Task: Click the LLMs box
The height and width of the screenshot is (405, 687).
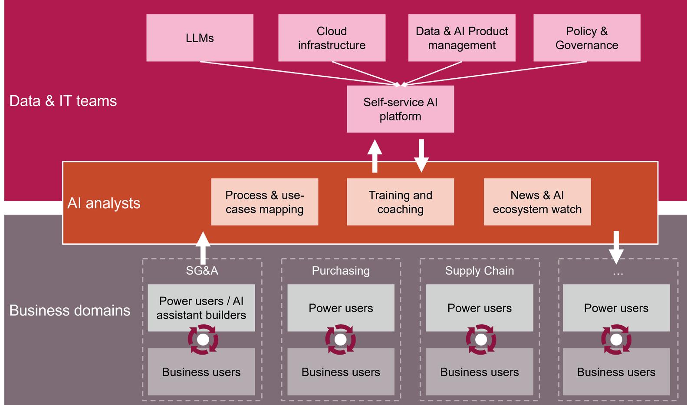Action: (200, 38)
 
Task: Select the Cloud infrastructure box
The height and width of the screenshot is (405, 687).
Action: (332, 38)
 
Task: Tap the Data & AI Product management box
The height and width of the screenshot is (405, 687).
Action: (462, 38)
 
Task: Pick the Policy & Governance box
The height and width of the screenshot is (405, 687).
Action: (587, 38)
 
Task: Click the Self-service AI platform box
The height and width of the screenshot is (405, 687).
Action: (400, 109)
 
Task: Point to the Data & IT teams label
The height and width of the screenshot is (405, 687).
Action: (63, 101)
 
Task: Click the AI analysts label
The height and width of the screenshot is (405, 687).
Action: (104, 203)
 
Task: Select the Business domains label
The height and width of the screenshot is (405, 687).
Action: (69, 310)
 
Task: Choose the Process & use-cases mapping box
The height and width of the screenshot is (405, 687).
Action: (264, 202)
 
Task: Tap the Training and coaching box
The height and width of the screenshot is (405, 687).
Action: (400, 202)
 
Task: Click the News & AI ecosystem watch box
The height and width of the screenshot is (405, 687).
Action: (537, 202)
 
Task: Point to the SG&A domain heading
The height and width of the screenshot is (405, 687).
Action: (202, 271)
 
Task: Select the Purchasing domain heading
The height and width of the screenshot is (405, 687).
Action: (341, 271)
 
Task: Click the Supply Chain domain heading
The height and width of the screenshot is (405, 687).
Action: (479, 271)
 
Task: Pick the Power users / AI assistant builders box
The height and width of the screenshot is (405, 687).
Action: (201, 308)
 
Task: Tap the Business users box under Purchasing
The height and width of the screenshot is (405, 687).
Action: (341, 372)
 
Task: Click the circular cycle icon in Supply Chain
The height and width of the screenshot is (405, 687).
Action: (480, 339)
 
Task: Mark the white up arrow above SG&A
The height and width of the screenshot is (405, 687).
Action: (203, 248)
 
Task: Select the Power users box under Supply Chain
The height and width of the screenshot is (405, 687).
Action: (479, 308)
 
